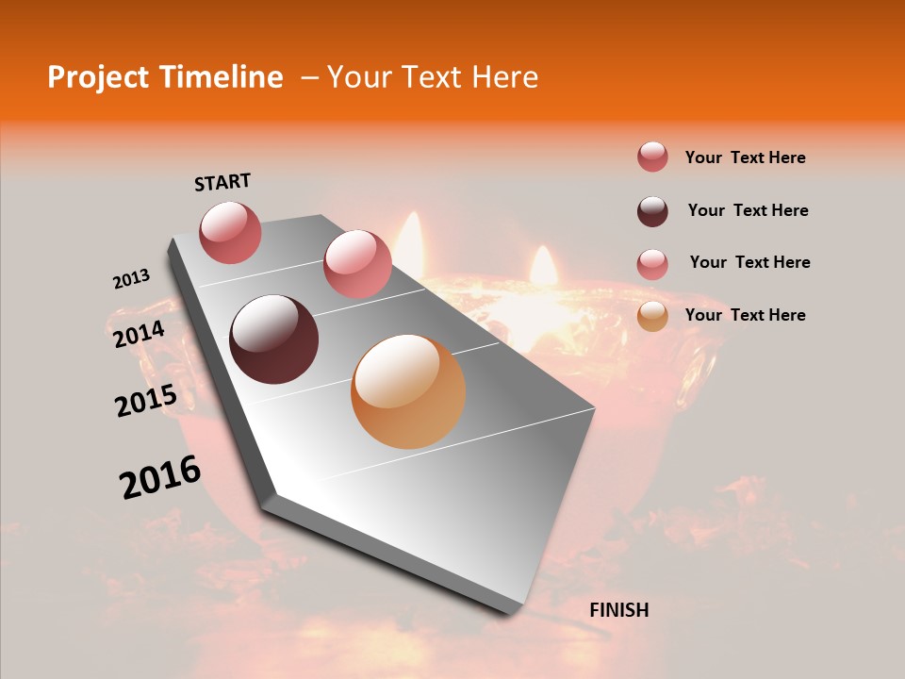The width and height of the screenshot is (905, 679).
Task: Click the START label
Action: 222,182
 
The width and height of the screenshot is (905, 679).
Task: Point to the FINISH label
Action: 618,610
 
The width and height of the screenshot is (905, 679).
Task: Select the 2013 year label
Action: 132,279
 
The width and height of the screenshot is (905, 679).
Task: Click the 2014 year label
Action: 140,334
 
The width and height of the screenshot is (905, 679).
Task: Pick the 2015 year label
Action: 146,401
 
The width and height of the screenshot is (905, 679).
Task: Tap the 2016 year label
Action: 160,477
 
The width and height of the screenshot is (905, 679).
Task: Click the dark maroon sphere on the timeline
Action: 273,339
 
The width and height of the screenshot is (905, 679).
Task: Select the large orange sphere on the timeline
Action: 408,391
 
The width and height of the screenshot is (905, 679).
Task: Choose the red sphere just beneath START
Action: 231,232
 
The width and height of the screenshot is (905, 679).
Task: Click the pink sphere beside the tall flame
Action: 357,264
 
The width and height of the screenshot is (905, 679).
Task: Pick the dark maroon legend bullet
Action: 652,211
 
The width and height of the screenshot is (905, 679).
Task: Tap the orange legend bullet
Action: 652,316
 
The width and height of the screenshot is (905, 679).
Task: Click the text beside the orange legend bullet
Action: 745,315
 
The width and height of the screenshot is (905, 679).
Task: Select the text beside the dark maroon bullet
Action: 748,210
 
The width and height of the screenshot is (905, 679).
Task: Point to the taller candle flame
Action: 410,238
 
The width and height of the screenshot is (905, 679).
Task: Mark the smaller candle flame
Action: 543,266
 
